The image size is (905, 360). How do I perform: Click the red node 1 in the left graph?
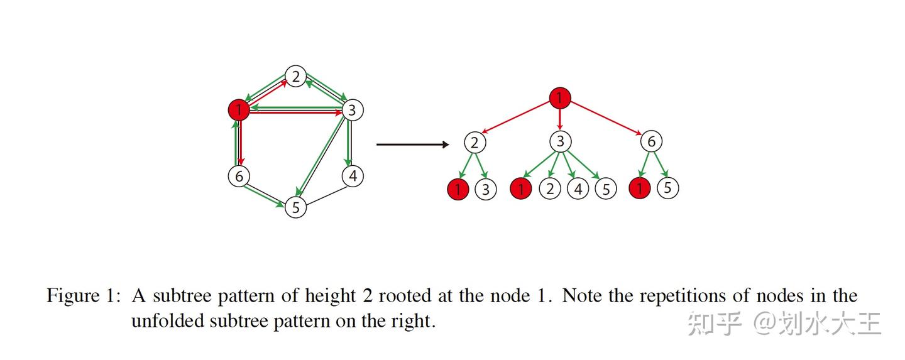pos(239,111)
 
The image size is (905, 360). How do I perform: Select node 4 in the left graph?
pos(353,177)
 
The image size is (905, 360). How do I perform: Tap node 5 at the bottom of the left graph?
pos(295,207)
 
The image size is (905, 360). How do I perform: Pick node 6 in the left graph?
pos(238,177)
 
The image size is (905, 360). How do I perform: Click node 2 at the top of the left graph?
pos(295,77)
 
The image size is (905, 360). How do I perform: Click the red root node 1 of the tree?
pos(559,98)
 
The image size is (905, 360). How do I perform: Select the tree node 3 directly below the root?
pos(559,142)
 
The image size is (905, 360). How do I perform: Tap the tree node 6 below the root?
pos(651,142)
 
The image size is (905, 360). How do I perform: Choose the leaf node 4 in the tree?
pos(578,188)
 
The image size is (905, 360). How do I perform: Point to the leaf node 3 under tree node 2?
pos(486,189)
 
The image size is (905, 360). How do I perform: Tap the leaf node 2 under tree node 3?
pos(550,188)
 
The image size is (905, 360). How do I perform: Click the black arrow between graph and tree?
pos(412,145)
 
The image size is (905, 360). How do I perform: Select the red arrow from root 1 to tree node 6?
pos(606,120)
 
